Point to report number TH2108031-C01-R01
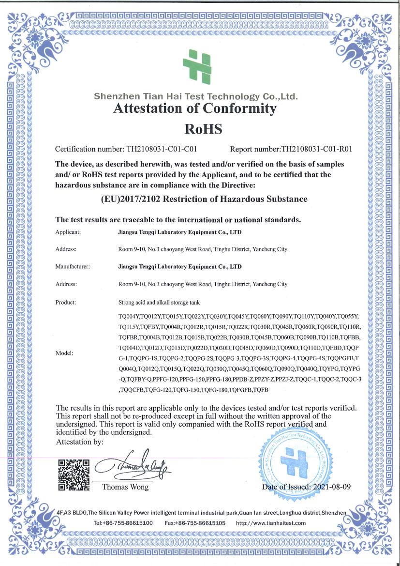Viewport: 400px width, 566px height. point(316,149)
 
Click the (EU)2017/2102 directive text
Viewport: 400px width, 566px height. point(204,199)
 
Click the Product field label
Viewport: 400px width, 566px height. point(66,302)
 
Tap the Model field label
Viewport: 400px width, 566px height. point(64,353)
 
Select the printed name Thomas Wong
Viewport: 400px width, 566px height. point(125,487)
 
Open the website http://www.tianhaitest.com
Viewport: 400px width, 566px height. point(271,523)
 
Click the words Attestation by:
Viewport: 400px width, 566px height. point(79,442)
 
